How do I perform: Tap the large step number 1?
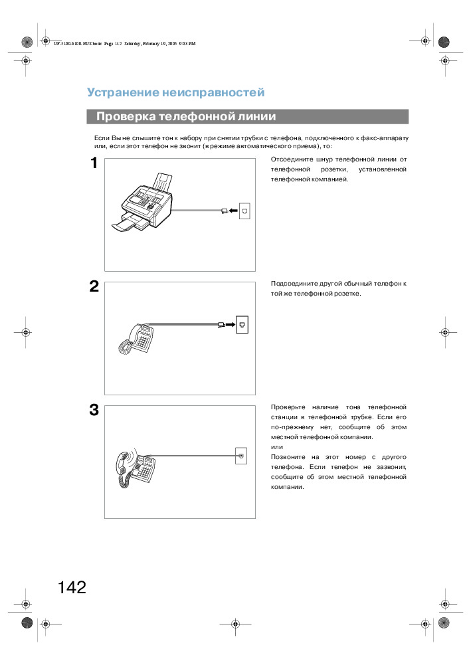click(x=94, y=163)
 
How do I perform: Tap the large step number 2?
click(x=94, y=286)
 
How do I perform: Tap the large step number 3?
click(x=94, y=410)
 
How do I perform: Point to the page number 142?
click(x=72, y=587)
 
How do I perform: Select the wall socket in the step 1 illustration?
click(x=245, y=211)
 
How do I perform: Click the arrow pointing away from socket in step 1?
click(x=233, y=211)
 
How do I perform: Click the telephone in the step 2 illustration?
click(x=138, y=338)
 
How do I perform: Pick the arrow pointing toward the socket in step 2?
click(x=230, y=325)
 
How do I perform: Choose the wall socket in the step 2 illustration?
click(x=242, y=325)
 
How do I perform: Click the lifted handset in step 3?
click(x=123, y=467)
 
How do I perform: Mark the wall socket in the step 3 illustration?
click(x=242, y=456)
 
